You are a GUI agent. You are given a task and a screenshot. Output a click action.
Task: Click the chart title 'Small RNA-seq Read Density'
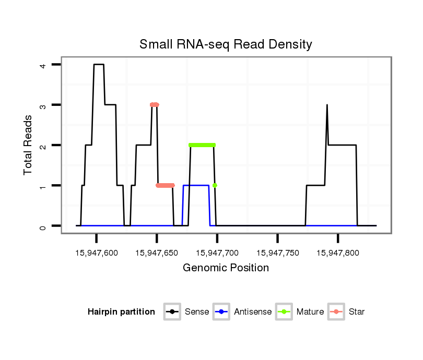(x=226, y=44)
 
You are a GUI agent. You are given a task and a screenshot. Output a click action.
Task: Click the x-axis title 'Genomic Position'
(x=226, y=268)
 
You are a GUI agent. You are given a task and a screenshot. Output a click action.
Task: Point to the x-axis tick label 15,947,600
(x=97, y=253)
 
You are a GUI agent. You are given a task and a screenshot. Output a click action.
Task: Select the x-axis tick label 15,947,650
(x=157, y=253)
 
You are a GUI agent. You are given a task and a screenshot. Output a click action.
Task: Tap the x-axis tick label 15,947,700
(x=217, y=253)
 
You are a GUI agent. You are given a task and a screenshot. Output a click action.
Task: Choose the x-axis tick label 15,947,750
(x=278, y=253)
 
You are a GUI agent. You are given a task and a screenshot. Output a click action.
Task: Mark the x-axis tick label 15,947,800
(x=338, y=253)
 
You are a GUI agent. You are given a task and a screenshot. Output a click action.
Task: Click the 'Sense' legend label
(x=197, y=312)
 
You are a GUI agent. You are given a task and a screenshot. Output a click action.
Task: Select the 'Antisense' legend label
(x=253, y=312)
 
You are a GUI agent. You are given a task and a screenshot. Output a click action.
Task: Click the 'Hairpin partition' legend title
(x=121, y=312)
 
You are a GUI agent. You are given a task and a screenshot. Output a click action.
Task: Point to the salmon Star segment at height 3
(x=154, y=105)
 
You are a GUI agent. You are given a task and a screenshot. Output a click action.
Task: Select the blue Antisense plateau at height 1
(x=196, y=185)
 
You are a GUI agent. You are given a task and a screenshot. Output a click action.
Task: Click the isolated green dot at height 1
(x=215, y=185)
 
